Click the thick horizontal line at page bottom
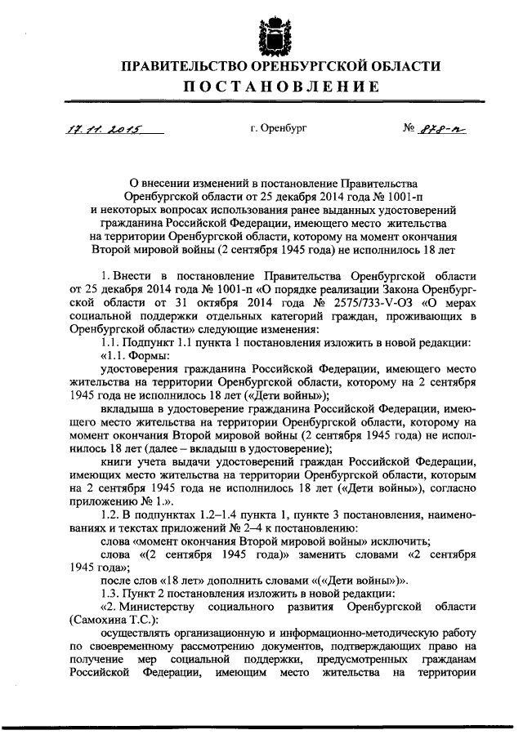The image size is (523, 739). tap(261, 725)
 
